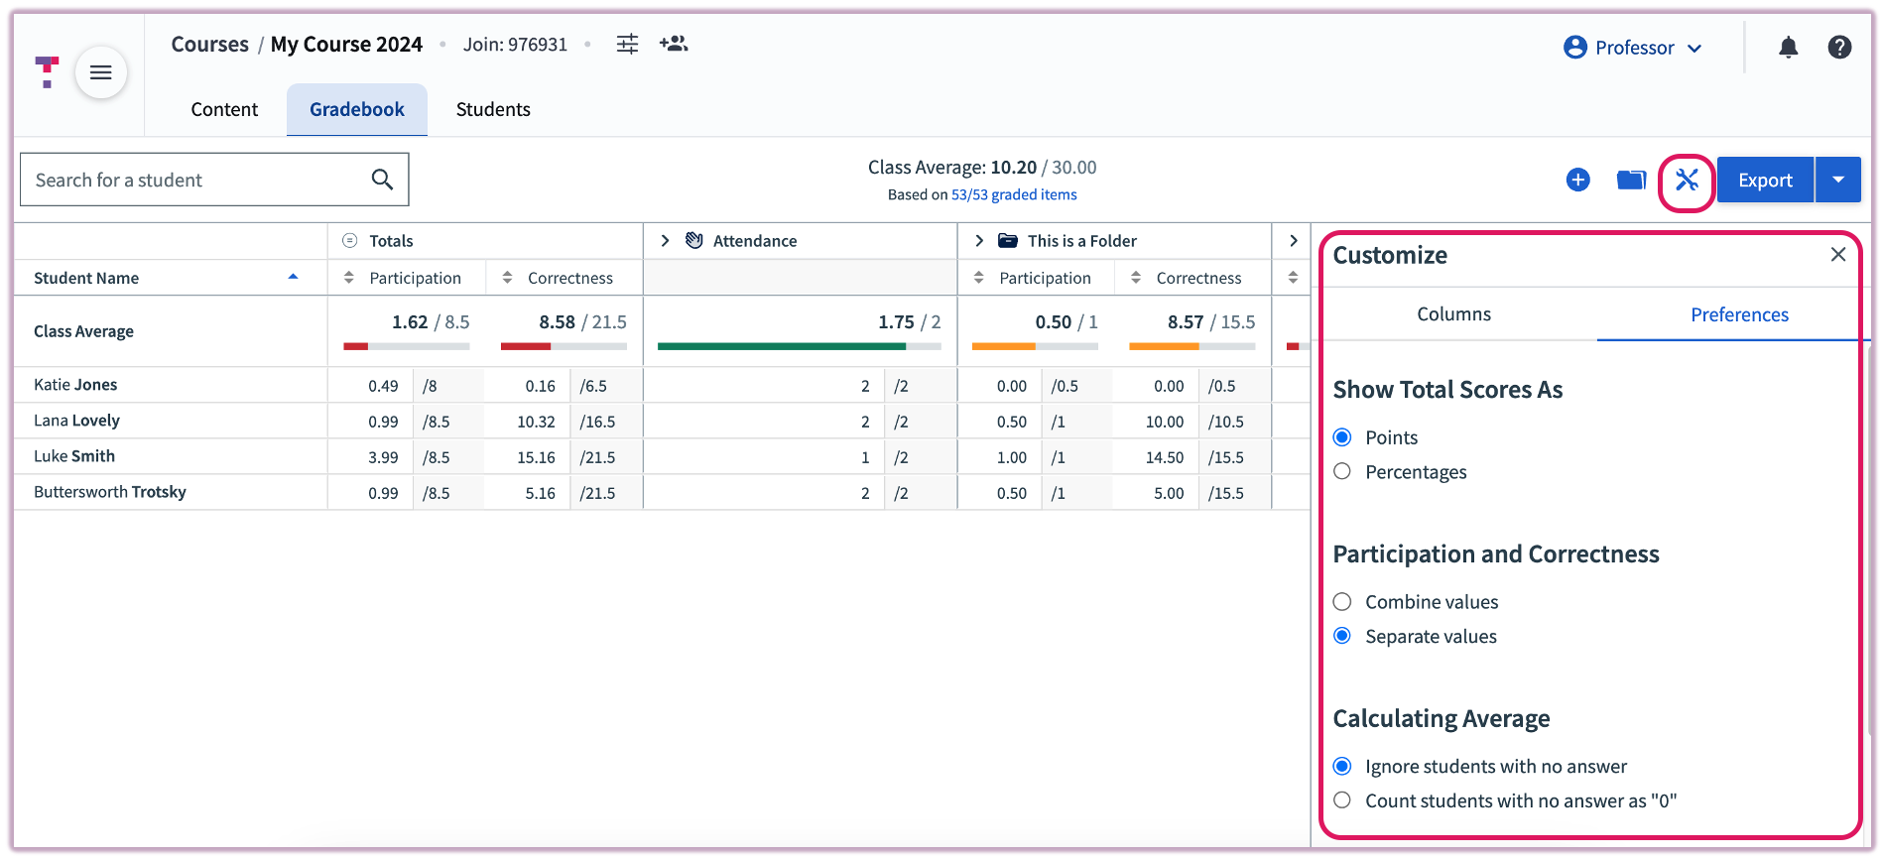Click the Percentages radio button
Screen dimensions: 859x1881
[x=1342, y=472]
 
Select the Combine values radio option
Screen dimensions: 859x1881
[x=1342, y=602]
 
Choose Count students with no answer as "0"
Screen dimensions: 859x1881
[x=1342, y=800]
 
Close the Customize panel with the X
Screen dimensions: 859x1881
[x=1837, y=255]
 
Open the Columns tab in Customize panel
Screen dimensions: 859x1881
[x=1453, y=314]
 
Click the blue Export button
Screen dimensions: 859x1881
[x=1764, y=181]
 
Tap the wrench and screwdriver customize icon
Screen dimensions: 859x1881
[x=1687, y=181]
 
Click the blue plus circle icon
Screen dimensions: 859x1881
[x=1577, y=181]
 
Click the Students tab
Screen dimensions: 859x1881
[x=493, y=109]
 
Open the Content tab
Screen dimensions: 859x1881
[x=224, y=109]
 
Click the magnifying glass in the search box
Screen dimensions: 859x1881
[x=382, y=180]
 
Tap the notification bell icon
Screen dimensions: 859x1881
[x=1788, y=48]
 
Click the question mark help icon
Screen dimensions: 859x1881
[x=1839, y=48]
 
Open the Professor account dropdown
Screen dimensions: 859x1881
[x=1632, y=48]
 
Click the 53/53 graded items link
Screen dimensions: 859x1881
[x=1013, y=195]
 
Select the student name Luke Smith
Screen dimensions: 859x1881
[x=74, y=456]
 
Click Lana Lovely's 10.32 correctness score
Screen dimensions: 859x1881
[x=536, y=422]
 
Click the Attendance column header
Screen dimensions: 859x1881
[x=754, y=241]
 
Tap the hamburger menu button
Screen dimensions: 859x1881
[x=100, y=72]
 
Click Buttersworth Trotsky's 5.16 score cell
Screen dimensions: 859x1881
[x=540, y=493]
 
